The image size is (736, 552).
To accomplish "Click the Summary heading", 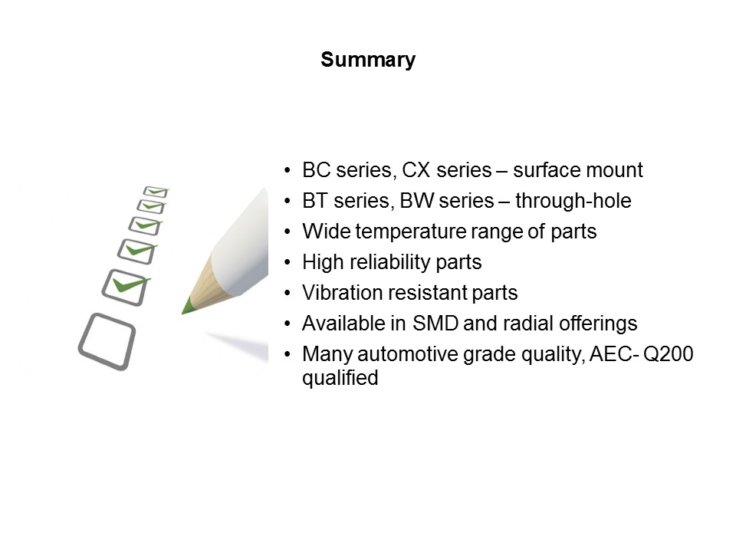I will click(x=368, y=60).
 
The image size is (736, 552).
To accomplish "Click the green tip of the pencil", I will click(x=187, y=307).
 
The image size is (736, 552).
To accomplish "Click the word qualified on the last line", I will click(x=340, y=378).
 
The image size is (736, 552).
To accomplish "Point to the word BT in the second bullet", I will click(x=315, y=201).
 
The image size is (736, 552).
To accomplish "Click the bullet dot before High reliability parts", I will click(x=287, y=263).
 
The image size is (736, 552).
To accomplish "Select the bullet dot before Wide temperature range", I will click(x=287, y=232).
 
